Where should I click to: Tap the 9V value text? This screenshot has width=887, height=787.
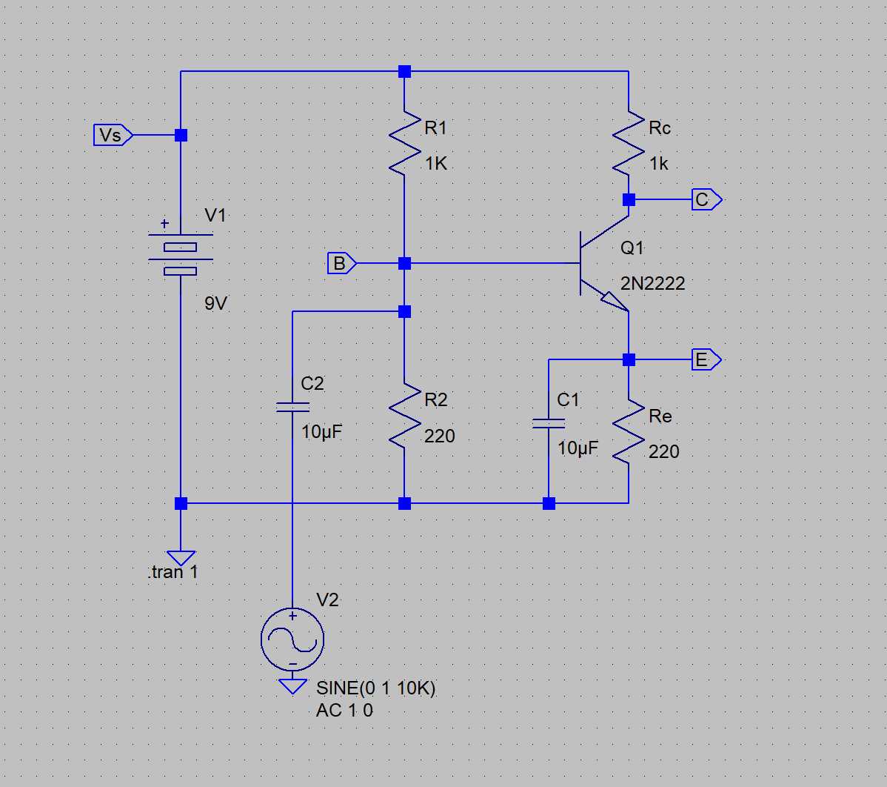point(215,303)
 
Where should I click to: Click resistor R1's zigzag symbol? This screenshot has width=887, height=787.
point(404,144)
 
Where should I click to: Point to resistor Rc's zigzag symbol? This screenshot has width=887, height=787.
point(629,144)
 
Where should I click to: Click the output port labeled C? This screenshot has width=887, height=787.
point(706,200)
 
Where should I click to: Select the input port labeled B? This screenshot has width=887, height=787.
point(341,263)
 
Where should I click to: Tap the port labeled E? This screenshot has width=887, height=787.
point(705,360)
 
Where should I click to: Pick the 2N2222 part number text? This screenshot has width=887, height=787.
point(652,283)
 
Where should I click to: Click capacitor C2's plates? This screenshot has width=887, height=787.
point(292,406)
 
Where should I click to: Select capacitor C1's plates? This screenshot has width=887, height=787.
point(549,423)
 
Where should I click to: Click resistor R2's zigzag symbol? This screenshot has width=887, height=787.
point(404,416)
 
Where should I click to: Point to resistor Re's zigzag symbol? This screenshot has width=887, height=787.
point(629,432)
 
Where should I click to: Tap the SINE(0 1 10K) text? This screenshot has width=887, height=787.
point(375,688)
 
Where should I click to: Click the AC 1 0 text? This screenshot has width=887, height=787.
point(344,710)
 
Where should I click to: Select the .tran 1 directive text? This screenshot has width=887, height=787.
point(173,572)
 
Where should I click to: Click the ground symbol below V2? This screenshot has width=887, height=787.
point(292,686)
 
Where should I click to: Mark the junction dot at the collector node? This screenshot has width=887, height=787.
point(629,199)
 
